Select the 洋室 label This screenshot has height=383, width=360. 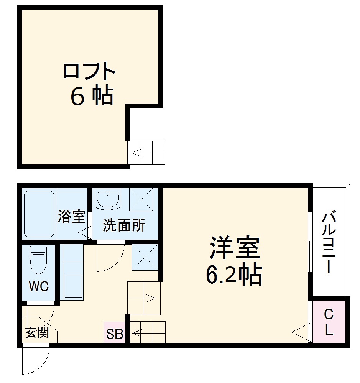coord(235,248)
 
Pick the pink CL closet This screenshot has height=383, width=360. coord(329,322)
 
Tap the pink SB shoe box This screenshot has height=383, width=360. coord(115,334)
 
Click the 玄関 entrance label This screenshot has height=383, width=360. coord(37,332)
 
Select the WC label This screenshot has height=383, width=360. coord(39,286)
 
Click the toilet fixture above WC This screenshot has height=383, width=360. coord(38,259)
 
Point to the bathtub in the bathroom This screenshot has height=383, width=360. coord(39,214)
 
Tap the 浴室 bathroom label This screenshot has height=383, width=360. coord(71,217)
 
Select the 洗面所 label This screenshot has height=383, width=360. coord(124,226)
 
